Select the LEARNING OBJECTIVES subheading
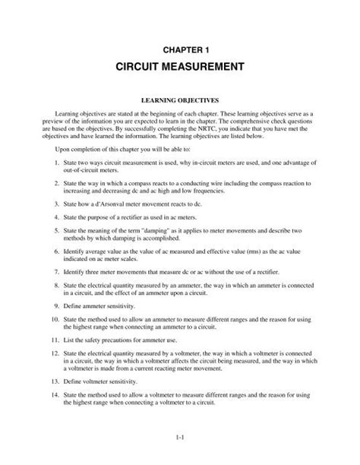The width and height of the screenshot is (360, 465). click(180, 100)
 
